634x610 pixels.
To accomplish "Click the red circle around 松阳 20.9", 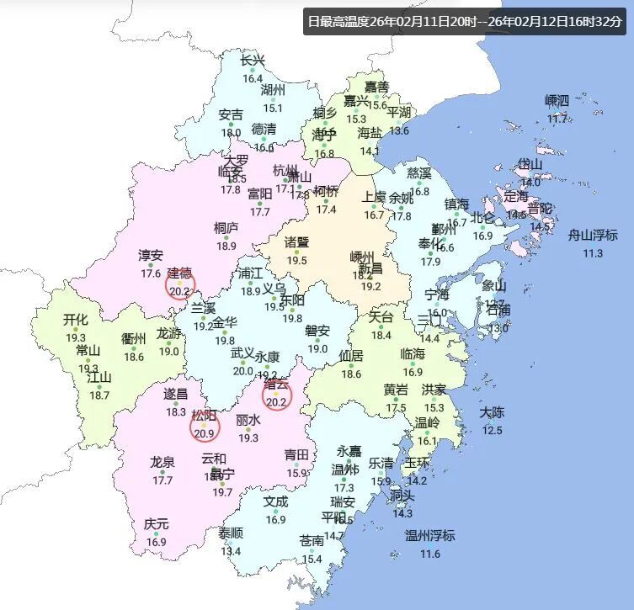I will [x=205, y=427].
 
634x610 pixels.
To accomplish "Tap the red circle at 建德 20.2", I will [x=180, y=284].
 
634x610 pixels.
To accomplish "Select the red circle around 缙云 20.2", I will [x=276, y=395].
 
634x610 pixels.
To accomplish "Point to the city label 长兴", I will [x=253, y=61].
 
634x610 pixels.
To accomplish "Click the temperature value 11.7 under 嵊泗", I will [x=557, y=119].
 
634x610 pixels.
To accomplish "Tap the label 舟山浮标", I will [x=594, y=236].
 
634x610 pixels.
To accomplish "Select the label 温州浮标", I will [x=430, y=536].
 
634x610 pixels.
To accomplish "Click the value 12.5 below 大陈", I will [x=492, y=430].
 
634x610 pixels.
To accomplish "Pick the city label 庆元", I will [x=156, y=524].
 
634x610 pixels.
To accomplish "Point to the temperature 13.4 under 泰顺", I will [x=231, y=552].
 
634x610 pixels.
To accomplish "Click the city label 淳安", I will [x=151, y=255].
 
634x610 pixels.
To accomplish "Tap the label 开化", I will [x=76, y=320].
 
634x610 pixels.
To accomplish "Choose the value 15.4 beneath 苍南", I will [x=312, y=559].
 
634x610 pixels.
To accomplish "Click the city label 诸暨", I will [x=296, y=242].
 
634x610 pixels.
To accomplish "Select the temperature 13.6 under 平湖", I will [x=399, y=130].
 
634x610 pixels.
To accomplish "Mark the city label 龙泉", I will [x=162, y=462].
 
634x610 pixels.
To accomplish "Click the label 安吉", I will [x=231, y=114].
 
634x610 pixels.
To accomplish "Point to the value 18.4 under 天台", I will [x=381, y=335].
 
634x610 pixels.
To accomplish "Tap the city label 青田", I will [x=296, y=455].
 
